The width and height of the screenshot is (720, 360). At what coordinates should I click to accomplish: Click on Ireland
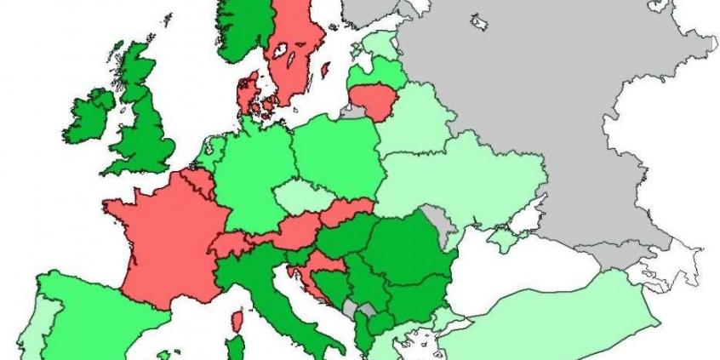click(x=89, y=119)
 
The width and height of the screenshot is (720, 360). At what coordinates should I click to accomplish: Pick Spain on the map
click(x=94, y=315)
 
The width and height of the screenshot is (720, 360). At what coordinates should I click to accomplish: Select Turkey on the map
click(x=553, y=323)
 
